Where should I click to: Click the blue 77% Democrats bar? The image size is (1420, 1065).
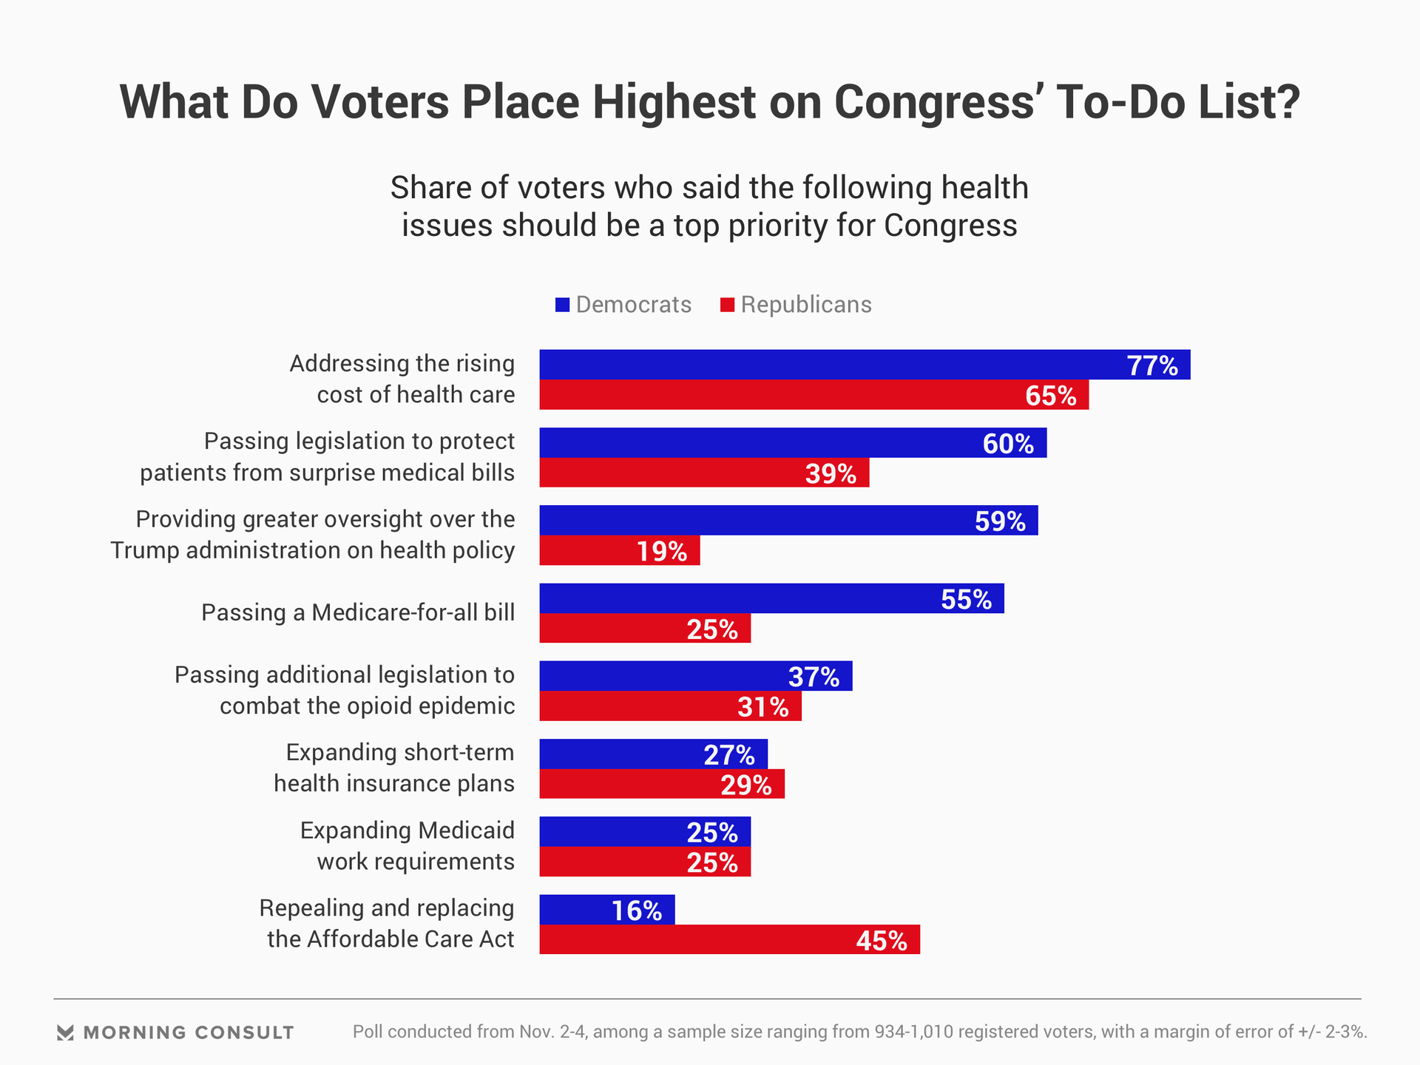[864, 365]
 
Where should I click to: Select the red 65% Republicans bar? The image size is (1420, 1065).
[814, 395]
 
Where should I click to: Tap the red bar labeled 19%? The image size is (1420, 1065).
[619, 551]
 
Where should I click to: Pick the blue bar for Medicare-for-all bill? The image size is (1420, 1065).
[771, 598]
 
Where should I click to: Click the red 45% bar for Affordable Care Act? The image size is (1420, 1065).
[729, 940]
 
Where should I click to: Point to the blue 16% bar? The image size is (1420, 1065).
[606, 910]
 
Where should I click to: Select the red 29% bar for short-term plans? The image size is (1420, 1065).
[662, 784]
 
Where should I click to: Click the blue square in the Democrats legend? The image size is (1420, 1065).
[563, 305]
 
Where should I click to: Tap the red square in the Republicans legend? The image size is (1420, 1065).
[728, 305]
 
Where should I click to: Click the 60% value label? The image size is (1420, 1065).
[1008, 444]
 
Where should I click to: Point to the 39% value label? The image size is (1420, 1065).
[831, 473]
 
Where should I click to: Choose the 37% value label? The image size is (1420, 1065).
[814, 677]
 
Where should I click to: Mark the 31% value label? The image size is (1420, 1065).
[763, 707]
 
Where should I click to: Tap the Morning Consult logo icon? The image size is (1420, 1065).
[65, 1032]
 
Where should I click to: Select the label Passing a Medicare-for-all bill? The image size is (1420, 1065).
[358, 612]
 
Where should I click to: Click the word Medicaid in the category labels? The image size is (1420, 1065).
[467, 831]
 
